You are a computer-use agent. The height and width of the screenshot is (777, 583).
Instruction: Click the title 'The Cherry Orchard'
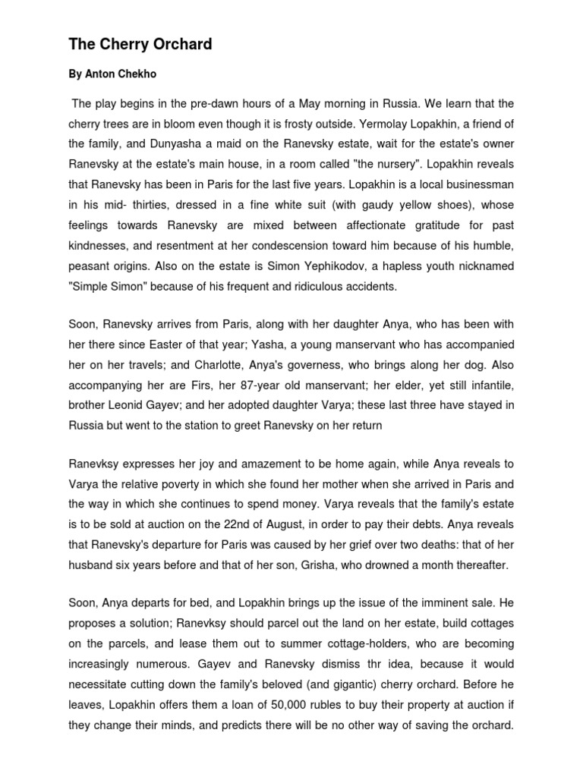[140, 45]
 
